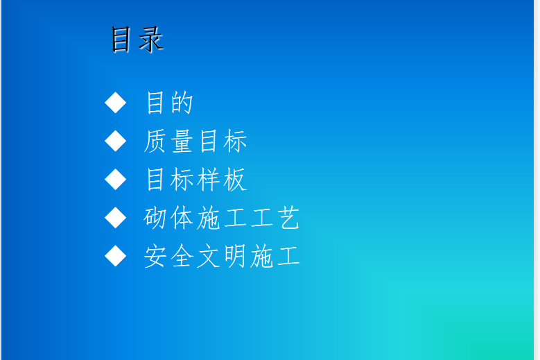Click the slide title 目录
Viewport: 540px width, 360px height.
137,40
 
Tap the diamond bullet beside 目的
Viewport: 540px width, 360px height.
115,103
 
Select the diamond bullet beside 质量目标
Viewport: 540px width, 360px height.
115,141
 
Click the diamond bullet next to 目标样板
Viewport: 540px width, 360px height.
115,179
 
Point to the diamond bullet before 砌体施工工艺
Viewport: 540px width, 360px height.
115,217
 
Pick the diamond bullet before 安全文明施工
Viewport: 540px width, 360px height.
115,256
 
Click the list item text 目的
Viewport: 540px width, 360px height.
169,103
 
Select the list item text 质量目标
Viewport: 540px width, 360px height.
195,142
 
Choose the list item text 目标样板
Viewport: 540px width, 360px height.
196,180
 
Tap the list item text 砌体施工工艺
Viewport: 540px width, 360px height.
221,218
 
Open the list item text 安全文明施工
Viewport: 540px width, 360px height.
221,257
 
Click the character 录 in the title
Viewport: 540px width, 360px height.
150,40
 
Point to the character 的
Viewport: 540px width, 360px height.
182,103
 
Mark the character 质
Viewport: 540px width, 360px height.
155,142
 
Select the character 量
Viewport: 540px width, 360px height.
182,142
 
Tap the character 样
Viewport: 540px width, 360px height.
209,180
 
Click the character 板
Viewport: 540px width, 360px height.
235,180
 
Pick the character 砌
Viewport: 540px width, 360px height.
155,218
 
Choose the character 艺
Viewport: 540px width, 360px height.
289,218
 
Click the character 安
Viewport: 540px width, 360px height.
155,257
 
